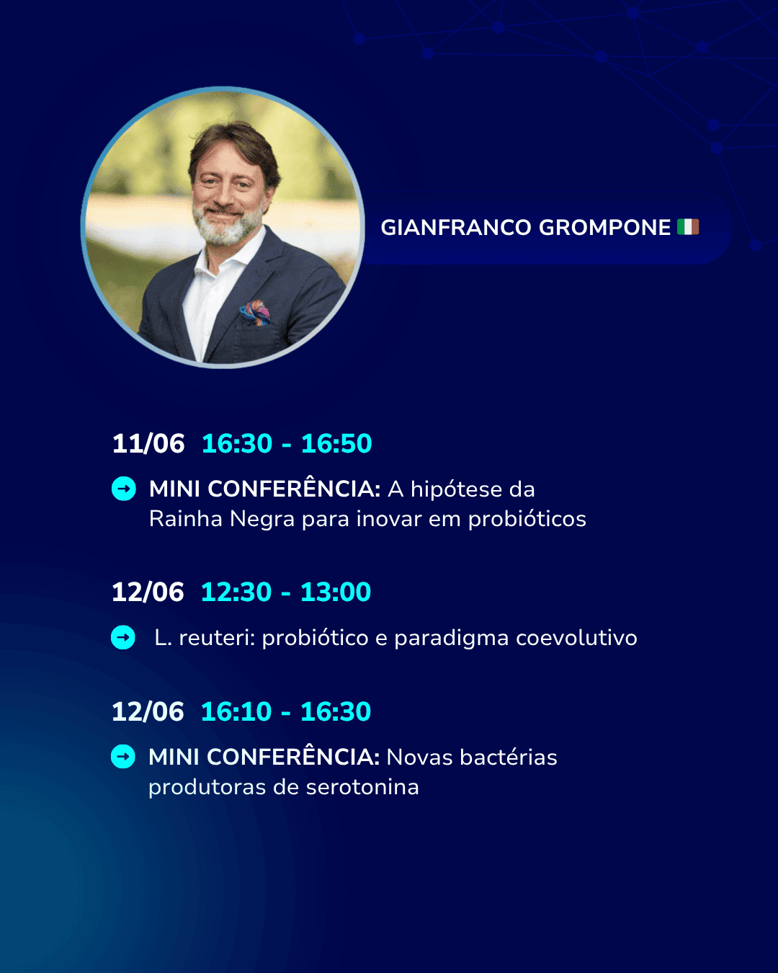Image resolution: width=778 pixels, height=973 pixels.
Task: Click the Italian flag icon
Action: [687, 227]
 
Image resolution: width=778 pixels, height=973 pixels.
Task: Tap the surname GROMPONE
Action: [604, 228]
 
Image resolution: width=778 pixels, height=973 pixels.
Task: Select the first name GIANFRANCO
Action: [456, 228]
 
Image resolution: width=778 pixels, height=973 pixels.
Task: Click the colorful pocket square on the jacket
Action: [256, 312]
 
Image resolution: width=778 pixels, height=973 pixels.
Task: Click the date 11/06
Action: [148, 443]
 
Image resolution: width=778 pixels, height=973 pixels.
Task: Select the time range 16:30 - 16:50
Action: [287, 443]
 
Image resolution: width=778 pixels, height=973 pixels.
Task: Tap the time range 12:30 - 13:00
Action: [286, 592]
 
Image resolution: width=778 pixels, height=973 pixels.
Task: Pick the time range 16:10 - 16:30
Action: [286, 711]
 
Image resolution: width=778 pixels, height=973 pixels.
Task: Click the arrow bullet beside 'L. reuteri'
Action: [123, 638]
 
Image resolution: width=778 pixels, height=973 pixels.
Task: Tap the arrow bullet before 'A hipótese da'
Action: [123, 489]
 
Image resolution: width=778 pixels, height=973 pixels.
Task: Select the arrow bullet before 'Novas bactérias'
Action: [123, 757]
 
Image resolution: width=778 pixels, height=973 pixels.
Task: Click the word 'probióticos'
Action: [527, 519]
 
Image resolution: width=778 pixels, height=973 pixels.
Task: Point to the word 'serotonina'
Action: [362, 787]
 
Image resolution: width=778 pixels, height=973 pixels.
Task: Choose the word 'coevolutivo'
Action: [576, 638]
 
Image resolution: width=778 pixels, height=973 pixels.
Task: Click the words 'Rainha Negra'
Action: [222, 519]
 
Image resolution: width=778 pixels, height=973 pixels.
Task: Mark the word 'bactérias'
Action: [509, 757]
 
